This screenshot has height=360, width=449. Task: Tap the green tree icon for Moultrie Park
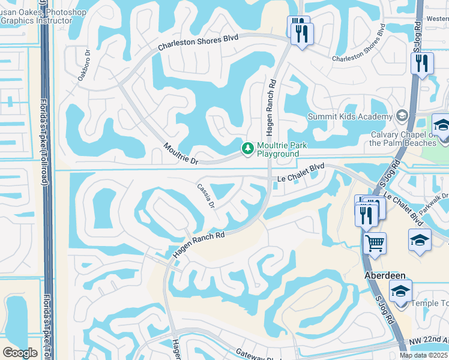(247, 148)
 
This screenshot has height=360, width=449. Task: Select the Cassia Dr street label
(205, 196)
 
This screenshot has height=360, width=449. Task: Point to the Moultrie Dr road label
(181, 154)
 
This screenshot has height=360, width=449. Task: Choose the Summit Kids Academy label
(351, 116)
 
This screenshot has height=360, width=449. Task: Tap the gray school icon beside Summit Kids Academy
(402, 116)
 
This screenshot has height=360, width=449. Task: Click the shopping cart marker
(375, 243)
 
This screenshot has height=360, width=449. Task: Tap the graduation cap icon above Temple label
(400, 290)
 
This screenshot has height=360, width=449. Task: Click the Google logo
(20, 352)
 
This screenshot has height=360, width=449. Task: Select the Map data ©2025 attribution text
(424, 355)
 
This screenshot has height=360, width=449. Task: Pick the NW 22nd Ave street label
(429, 341)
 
